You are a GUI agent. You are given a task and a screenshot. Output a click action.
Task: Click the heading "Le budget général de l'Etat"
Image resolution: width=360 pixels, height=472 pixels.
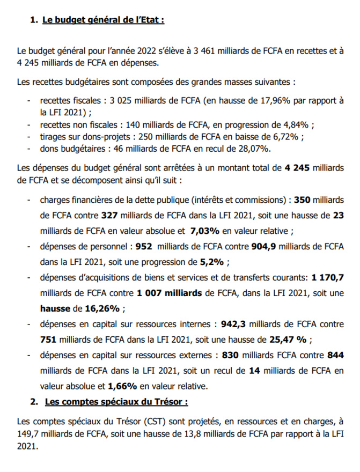(x=103, y=20)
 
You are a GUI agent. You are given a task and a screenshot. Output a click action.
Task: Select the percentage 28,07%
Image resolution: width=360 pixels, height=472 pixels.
(x=254, y=148)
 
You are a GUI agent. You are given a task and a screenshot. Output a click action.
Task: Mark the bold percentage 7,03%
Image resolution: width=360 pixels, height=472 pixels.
(x=205, y=231)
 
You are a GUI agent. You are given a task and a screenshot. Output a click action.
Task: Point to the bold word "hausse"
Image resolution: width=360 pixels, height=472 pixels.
(x=55, y=308)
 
